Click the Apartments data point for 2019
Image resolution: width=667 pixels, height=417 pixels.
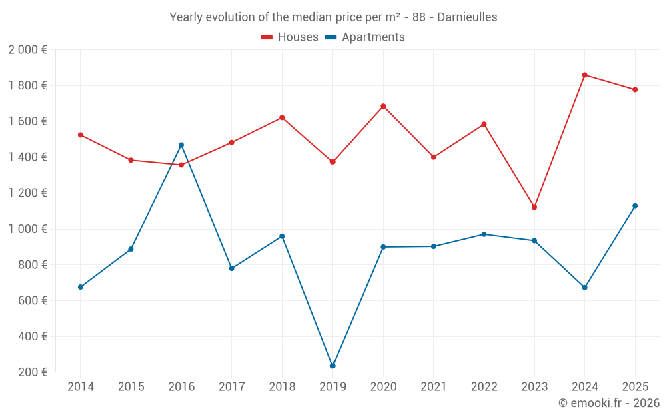coord(333,366)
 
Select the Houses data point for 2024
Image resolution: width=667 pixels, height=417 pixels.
coord(585,75)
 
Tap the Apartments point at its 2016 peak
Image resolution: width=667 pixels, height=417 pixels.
coord(181,145)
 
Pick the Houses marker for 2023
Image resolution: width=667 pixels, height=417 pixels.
coord(534,207)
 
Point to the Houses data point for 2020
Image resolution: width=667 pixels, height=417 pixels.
coord(383,106)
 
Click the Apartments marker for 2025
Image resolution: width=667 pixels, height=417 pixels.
coord(635,205)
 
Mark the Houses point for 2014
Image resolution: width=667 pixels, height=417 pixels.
coord(81,135)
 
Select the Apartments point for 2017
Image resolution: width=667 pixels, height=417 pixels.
coord(232,268)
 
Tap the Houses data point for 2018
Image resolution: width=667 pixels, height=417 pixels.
coord(282,117)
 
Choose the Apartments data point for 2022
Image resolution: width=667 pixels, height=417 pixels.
coord(484,234)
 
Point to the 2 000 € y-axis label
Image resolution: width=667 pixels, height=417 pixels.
coord(27,50)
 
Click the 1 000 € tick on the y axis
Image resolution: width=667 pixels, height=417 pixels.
coord(27,229)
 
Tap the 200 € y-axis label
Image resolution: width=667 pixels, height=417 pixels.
coord(31,372)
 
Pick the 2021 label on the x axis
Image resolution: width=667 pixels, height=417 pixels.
coord(434,387)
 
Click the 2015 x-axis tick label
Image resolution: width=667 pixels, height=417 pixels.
coord(131,387)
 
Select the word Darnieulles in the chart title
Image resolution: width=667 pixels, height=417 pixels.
coord(467,17)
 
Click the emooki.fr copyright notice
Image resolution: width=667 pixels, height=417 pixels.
coord(608,403)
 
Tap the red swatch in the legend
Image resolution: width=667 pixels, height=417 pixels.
coord(267,37)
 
